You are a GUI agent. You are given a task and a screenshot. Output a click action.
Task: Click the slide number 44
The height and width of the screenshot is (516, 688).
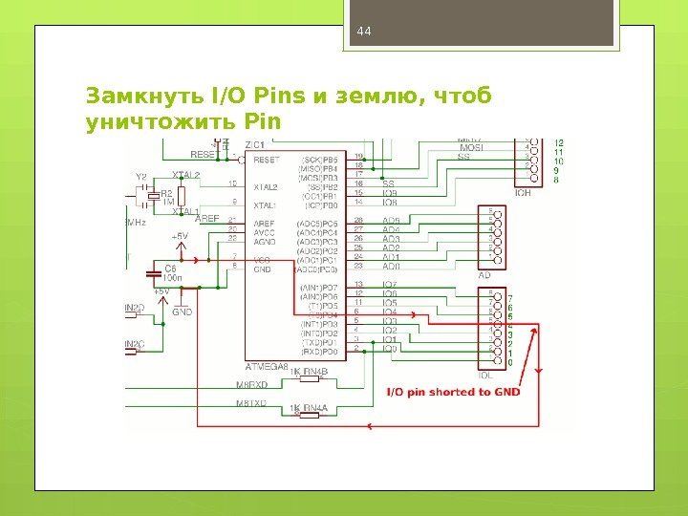362,32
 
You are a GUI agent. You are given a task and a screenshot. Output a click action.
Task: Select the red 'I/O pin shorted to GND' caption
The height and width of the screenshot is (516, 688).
453,391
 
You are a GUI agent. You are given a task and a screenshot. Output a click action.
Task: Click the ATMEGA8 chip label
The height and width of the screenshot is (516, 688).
268,365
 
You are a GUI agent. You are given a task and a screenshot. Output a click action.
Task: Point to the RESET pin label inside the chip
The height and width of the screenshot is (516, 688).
266,161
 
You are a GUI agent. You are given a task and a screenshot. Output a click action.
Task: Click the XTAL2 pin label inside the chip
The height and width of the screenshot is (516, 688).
265,186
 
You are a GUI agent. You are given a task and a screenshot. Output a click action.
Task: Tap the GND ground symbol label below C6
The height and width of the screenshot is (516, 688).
183,312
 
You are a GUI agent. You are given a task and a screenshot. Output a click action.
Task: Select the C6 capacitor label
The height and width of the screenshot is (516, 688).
171,269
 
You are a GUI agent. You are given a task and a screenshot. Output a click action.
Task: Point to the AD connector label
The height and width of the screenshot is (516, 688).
484,275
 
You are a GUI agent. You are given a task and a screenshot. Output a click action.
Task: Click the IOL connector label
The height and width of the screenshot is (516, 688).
485,375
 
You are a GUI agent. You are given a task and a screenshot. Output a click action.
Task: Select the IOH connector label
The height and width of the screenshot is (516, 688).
523,192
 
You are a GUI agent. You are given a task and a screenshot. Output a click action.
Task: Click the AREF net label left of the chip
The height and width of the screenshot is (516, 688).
208,219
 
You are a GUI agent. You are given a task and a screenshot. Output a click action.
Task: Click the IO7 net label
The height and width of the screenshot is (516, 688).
389,286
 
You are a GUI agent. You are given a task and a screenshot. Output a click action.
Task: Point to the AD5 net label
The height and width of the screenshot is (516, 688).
390,220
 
